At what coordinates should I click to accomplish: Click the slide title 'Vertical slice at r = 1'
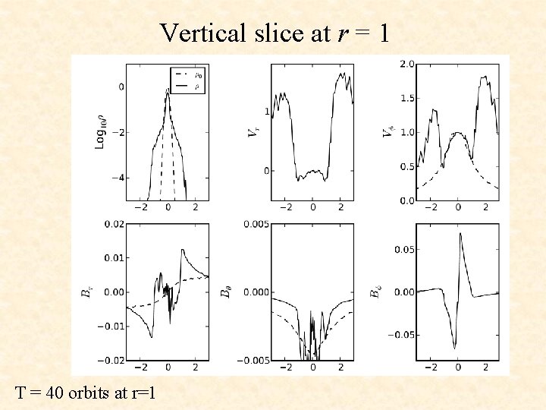274,33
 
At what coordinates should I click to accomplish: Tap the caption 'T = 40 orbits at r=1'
85,393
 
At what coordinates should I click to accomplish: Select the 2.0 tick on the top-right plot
406,64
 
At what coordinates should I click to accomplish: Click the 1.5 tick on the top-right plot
406,98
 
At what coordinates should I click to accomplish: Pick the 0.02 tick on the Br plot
113,224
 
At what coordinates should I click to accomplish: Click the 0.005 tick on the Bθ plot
253,224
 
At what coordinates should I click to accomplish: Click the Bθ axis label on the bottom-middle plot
225,292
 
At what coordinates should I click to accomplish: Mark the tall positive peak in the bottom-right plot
460,234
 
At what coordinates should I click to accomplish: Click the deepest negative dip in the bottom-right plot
455,348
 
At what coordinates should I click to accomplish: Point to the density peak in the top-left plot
168,90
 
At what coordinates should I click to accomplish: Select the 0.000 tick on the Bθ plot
253,292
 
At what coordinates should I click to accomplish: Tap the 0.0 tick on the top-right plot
406,200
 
